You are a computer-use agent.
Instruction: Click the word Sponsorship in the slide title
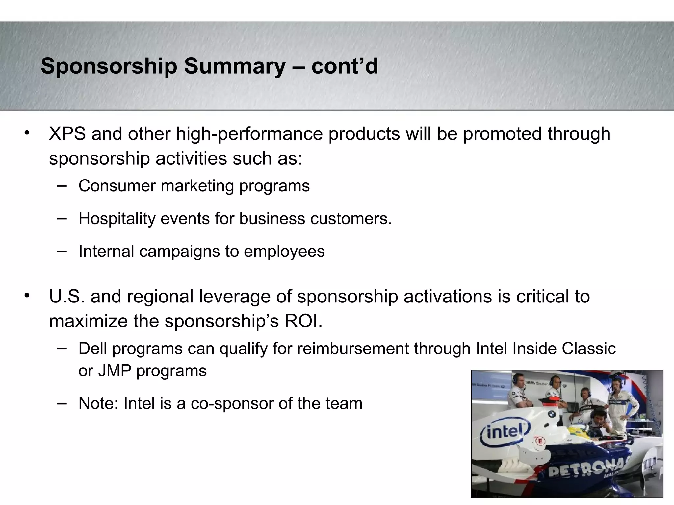pos(109,66)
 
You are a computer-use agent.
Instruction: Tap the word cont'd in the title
pos(345,66)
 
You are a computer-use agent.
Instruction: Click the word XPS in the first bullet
pos(67,134)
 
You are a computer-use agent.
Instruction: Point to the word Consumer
pos(117,186)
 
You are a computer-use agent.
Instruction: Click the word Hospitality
pos(117,219)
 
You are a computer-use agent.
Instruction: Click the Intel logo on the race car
pos(505,433)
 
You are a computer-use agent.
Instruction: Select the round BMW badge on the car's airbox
pos(552,414)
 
